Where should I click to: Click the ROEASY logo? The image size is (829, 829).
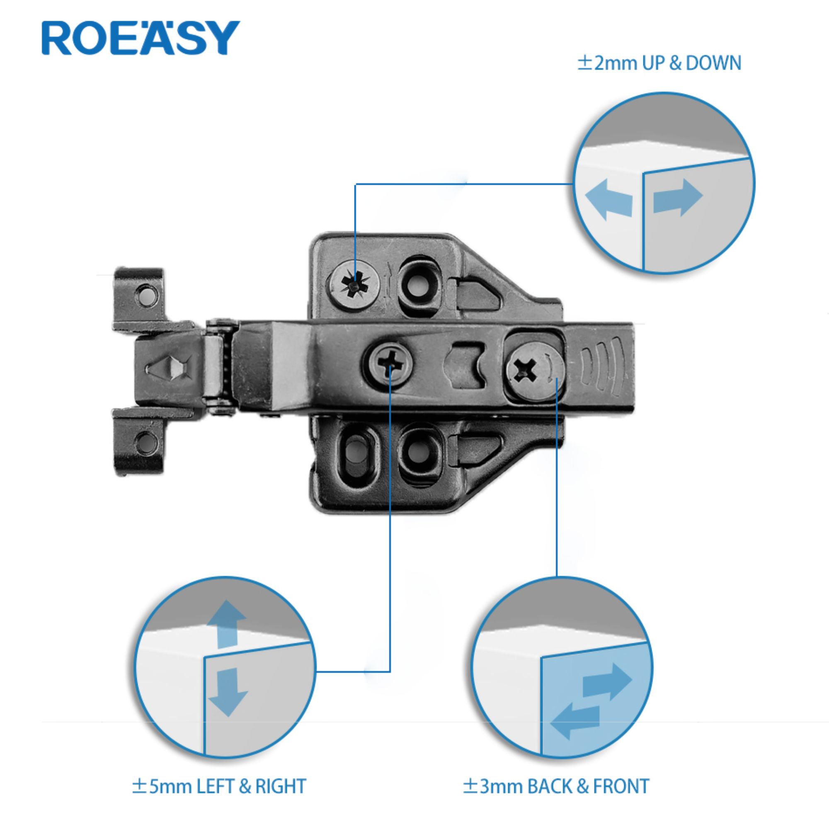[141, 38]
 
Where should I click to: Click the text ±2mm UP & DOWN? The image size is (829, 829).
[659, 63]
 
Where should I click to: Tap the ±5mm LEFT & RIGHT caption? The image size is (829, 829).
[219, 787]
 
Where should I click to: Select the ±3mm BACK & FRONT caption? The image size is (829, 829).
[556, 787]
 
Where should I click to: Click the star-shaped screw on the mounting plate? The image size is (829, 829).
[355, 284]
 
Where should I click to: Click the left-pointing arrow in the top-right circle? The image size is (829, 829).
[609, 200]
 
